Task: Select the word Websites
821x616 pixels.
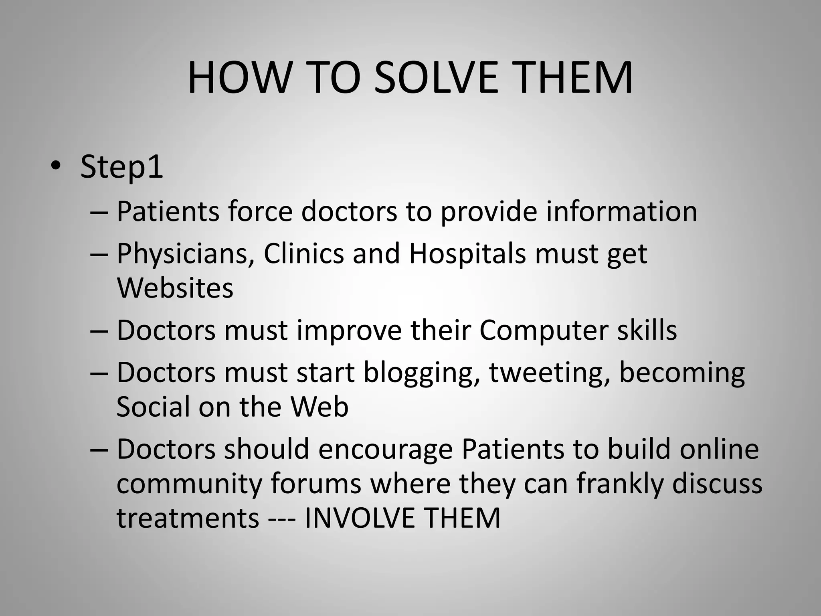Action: click(x=175, y=288)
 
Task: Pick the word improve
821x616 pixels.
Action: click(x=349, y=330)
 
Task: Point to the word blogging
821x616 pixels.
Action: click(x=421, y=373)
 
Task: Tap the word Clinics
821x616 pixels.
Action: click(x=303, y=254)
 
